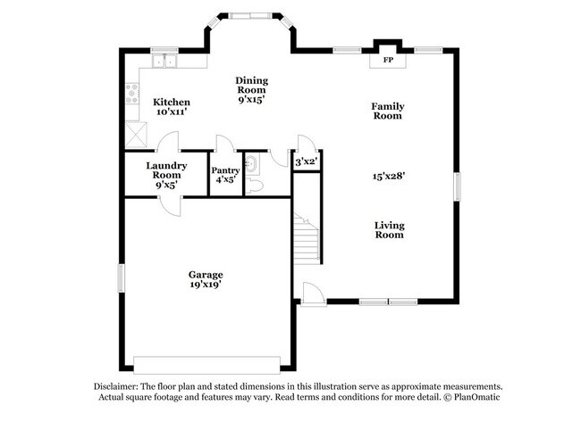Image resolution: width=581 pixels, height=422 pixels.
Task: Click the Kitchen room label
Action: (171, 103)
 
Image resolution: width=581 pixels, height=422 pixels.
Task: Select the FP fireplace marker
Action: (388, 61)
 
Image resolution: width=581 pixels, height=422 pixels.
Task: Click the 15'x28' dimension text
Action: (389, 176)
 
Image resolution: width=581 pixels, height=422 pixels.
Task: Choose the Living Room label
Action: (389, 230)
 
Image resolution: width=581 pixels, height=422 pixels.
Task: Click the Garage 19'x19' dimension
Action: (205, 285)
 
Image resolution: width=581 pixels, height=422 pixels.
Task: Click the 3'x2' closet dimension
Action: (307, 161)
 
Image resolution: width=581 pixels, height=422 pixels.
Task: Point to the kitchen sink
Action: (164, 62)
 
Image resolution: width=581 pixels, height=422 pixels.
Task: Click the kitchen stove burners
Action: (132, 92)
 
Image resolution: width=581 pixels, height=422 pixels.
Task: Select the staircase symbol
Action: (306, 236)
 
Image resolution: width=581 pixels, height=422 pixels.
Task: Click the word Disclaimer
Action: (120, 385)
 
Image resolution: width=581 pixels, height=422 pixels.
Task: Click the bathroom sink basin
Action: (252, 163)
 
